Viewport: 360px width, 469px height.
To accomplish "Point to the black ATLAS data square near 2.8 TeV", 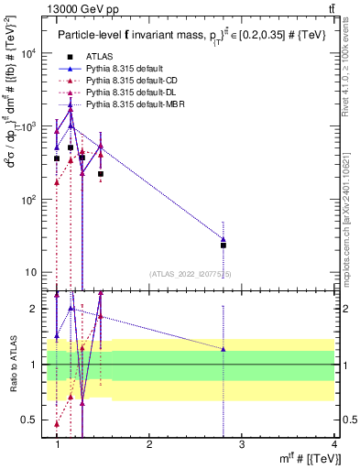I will [224, 245].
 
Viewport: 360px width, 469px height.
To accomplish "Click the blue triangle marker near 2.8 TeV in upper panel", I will [224, 239].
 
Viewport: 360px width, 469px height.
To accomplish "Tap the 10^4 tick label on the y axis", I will [29, 53].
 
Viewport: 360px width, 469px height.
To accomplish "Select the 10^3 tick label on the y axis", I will [29, 126].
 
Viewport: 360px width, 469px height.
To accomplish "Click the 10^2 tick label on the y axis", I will [29, 200].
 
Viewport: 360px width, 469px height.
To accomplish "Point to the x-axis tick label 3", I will [242, 444].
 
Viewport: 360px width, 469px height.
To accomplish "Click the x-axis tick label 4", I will [334, 444].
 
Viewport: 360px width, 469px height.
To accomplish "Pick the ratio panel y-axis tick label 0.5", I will [33, 420].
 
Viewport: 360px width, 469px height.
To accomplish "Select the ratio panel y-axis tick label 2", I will [38, 309].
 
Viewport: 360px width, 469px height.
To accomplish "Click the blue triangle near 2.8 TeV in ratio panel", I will [224, 349].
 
